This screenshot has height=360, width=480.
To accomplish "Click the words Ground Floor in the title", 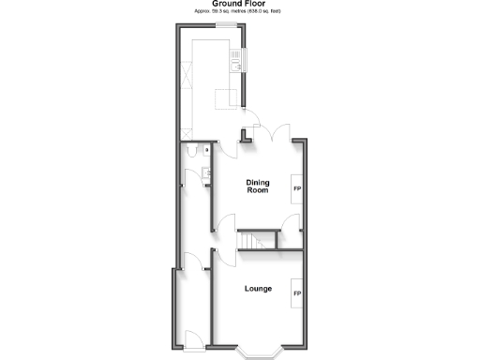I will [239, 4].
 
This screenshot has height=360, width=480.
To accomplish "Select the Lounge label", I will [258, 288].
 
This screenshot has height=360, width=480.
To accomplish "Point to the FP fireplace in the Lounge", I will [298, 293].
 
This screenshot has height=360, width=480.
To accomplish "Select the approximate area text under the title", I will [239, 11].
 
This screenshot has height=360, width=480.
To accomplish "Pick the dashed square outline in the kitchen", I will [224, 99].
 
